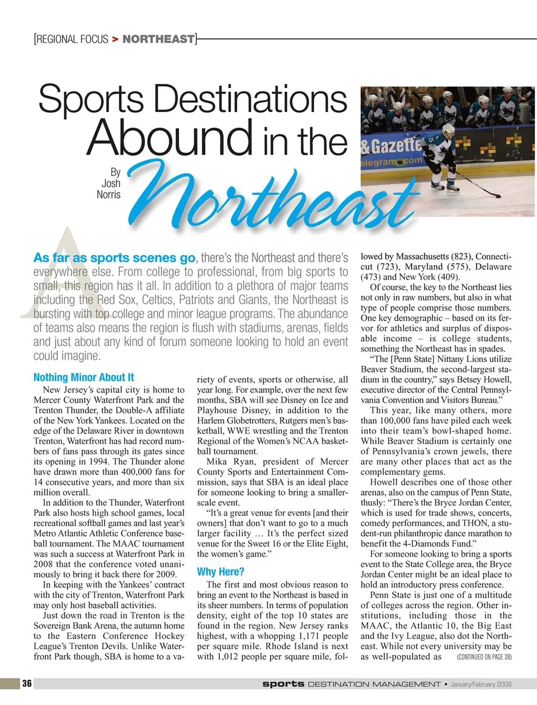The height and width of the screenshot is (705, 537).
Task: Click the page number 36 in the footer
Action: (27, 683)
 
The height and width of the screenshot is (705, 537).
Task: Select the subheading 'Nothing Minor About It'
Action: (84, 377)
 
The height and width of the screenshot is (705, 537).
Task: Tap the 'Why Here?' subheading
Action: (220, 571)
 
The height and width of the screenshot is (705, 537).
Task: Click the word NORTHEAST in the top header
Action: (158, 39)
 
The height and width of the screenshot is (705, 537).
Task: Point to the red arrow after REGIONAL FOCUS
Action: (115, 39)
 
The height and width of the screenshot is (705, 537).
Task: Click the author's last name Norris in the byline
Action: (109, 194)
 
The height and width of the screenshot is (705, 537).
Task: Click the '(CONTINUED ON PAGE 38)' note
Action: (484, 657)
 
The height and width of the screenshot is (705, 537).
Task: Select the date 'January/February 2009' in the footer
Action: (481, 684)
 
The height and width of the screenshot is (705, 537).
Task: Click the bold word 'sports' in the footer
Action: (284, 684)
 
